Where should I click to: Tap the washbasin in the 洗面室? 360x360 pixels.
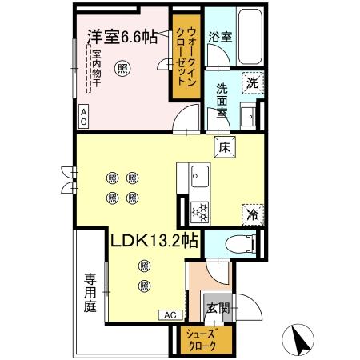tap(252, 114)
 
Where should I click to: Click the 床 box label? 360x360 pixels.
tap(224, 146)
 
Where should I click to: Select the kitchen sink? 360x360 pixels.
tap(198, 178)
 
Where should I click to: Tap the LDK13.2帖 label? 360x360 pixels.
tap(155, 240)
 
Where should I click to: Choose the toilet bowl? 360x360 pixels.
tap(240, 245)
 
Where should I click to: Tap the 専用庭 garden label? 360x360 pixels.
tap(90, 293)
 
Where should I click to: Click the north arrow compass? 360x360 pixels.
tap(301, 339)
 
